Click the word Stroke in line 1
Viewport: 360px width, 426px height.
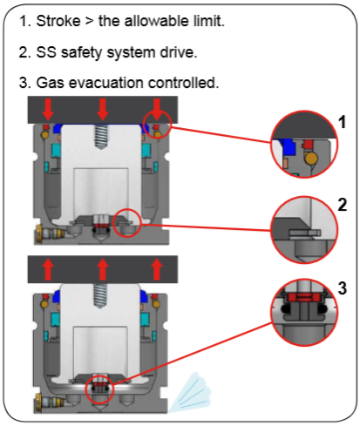[x=58, y=21]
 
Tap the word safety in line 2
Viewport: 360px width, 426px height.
[x=81, y=52]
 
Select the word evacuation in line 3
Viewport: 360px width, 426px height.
[x=106, y=83]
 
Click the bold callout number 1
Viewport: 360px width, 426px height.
[x=343, y=122]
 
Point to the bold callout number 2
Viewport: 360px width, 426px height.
[x=343, y=205]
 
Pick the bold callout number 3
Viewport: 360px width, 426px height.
[x=343, y=288]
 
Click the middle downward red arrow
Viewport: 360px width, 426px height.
[x=102, y=109]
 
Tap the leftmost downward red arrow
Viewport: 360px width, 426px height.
[x=48, y=109]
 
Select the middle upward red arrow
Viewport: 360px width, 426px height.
[x=102, y=269]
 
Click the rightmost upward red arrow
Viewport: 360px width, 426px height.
[x=157, y=269]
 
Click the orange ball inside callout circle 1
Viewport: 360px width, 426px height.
[x=311, y=159]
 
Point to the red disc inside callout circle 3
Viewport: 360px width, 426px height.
[x=303, y=297]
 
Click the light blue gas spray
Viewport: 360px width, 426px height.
[x=190, y=393]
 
